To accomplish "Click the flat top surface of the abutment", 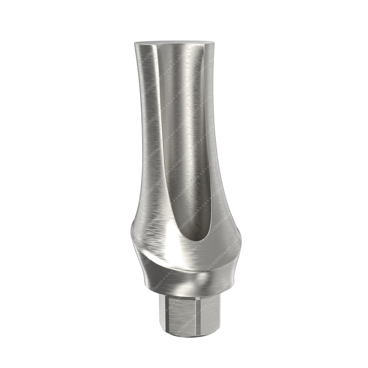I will (x=173, y=42).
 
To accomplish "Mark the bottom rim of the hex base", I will (x=188, y=335).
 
